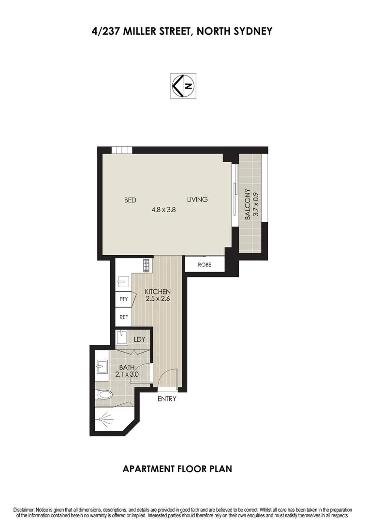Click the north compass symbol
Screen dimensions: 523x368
[183, 87]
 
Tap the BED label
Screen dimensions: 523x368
[130, 200]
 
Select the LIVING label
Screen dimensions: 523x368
[197, 200]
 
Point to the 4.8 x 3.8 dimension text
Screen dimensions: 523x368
[163, 210]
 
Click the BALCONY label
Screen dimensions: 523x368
[247, 204]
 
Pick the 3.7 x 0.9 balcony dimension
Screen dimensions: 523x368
[256, 204]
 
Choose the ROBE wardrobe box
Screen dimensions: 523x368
[205, 265]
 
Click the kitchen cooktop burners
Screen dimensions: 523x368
[146, 265]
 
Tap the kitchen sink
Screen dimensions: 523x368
[123, 282]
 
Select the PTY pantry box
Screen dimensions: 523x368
[123, 299]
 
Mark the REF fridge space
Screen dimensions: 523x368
[123, 317]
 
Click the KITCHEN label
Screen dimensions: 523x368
[158, 292]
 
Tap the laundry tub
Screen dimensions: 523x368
[122, 337]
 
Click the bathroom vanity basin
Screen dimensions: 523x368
[103, 367]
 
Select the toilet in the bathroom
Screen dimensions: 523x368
[103, 395]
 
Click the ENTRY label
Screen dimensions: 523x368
[167, 399]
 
